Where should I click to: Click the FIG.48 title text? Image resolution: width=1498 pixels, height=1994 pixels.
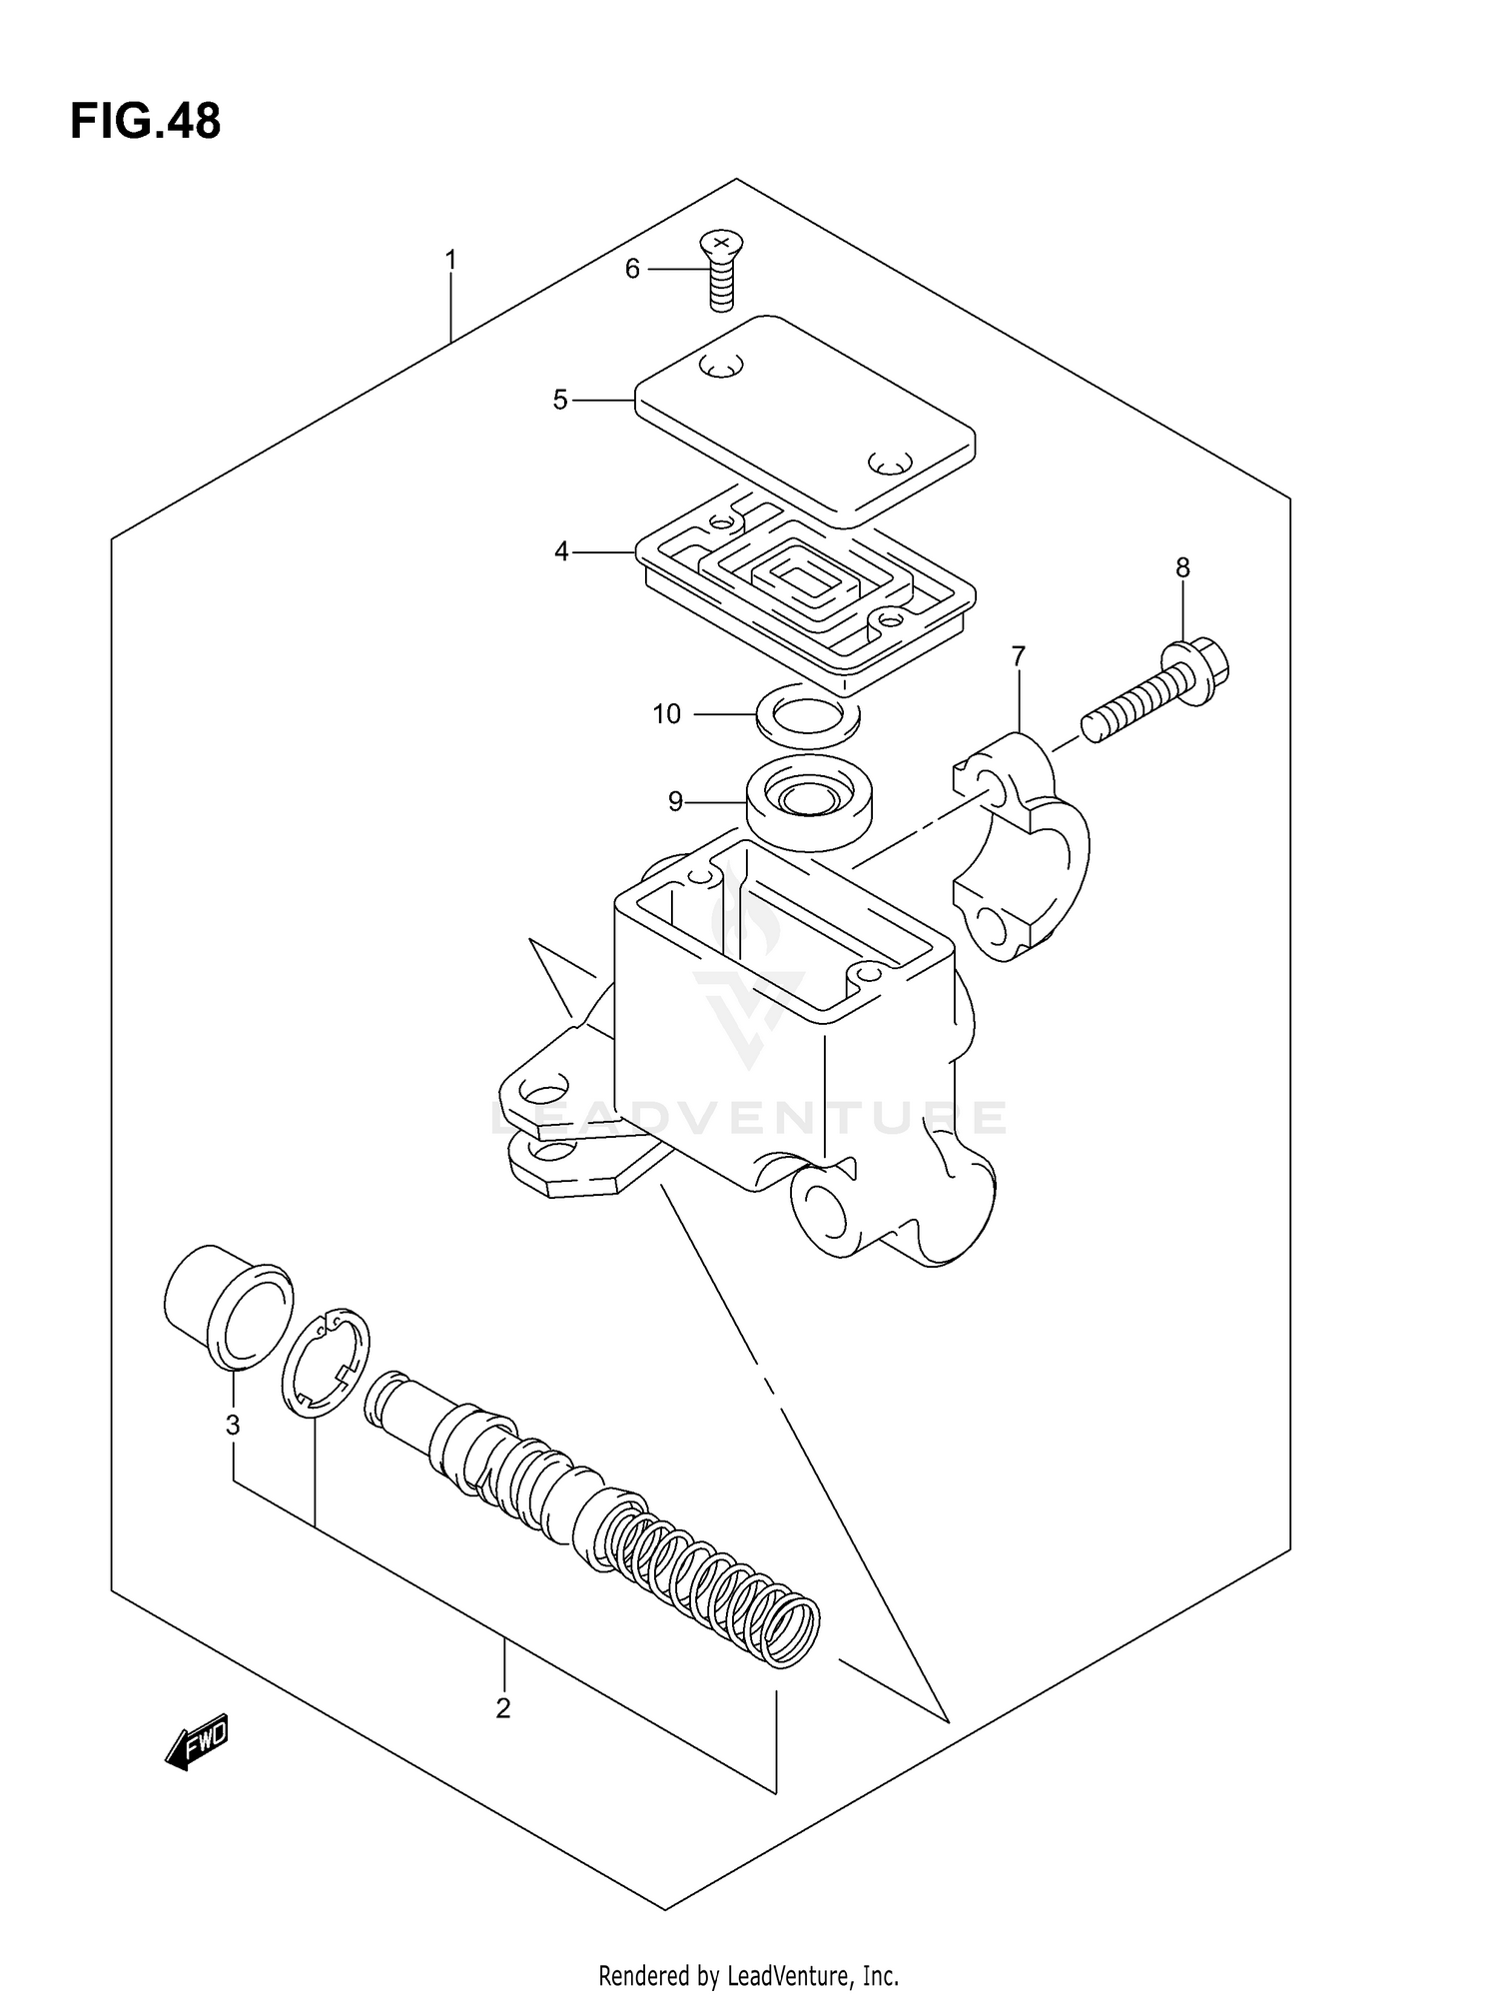(145, 122)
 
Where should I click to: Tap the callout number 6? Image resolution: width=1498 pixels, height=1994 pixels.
(631, 269)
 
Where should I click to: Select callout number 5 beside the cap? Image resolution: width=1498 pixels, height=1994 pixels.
(559, 401)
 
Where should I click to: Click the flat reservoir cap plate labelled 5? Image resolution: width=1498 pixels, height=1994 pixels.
(804, 419)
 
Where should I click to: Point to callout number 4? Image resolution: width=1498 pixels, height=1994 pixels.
(561, 551)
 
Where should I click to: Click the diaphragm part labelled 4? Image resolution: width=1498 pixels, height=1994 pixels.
(804, 589)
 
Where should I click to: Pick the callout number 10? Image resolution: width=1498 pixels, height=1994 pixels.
(666, 714)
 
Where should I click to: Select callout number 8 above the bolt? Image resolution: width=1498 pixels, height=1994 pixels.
(1182, 568)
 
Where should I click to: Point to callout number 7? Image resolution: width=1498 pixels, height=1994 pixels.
(1018, 656)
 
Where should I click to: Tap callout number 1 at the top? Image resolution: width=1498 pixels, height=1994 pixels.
(450, 261)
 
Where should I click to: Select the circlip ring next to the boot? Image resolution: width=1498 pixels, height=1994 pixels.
(326, 1362)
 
